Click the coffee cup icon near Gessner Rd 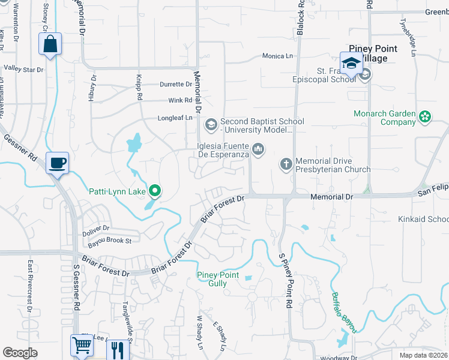pos(57,163)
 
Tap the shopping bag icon pos(50,44)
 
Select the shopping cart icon pos(82,345)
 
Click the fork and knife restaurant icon pos(118,349)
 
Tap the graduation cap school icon pos(351,62)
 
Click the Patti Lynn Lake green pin pos(155,191)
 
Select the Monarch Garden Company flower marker pos(426,116)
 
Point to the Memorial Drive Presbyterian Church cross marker pos(286,163)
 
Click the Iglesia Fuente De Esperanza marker pos(259,148)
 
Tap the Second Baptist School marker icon pos(211,125)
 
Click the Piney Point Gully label pos(218,279)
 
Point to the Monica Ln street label pos(277,56)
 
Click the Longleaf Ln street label pos(175,118)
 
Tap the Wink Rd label pos(180,100)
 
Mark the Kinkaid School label pos(423,220)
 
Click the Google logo pos(20,353)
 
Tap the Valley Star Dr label pos(23,70)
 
